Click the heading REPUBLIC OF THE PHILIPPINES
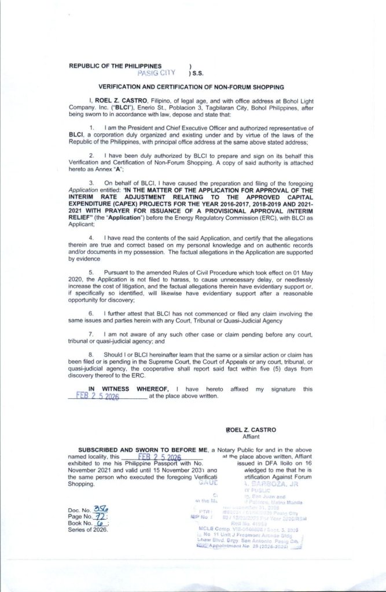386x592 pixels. pyautogui.click(x=116, y=66)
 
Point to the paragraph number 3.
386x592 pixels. pyautogui.click(x=91, y=182)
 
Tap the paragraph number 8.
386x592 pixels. pyautogui.click(x=91, y=353)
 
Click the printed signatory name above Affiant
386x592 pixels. pyautogui.click(x=252, y=430)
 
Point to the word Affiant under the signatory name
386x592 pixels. pyautogui.click(x=253, y=438)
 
